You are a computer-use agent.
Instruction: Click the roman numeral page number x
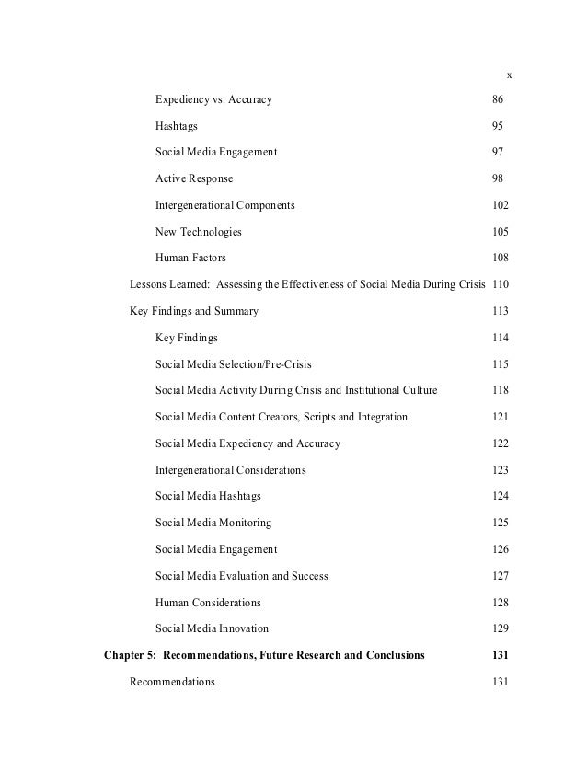(509, 74)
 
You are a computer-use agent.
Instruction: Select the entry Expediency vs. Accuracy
(213, 98)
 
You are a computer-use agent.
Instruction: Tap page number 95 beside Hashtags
(497, 125)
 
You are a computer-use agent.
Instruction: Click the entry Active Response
(194, 178)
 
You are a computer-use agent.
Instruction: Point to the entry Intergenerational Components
(225, 205)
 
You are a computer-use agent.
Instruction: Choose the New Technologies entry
(199, 232)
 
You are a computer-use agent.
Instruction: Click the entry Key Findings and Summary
(194, 311)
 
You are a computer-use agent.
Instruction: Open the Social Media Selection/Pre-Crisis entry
(239, 364)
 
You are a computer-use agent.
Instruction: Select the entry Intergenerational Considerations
(231, 470)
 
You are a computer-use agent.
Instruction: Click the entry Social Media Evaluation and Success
(242, 577)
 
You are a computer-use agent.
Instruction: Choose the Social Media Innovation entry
(213, 629)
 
